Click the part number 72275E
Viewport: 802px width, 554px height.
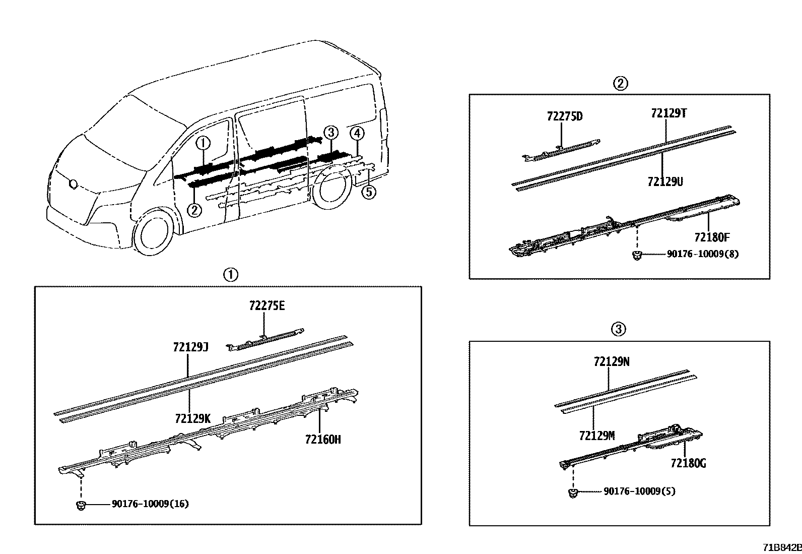tap(266, 306)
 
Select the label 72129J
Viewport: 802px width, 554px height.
tap(190, 347)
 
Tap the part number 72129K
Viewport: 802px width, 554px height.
tap(192, 418)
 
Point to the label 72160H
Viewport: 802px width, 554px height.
tap(322, 440)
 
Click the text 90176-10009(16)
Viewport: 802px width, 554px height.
tap(150, 504)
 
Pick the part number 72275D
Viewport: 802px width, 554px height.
tap(564, 116)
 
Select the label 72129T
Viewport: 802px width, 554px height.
tap(669, 113)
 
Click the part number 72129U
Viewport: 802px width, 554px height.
tap(665, 181)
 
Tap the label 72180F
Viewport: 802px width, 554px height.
tap(711, 237)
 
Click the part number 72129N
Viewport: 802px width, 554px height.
tap(612, 361)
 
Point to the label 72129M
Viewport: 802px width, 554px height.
tap(596, 436)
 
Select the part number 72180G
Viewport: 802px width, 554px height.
tap(688, 463)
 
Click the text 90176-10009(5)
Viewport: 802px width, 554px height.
tap(639, 490)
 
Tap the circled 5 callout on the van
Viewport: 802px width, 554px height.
tap(369, 192)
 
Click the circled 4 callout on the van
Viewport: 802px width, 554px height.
tap(357, 134)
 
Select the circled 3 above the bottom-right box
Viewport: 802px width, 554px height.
tap(619, 330)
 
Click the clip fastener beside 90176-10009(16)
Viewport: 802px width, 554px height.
tap(80, 504)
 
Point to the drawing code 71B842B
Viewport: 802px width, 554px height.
tap(781, 547)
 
